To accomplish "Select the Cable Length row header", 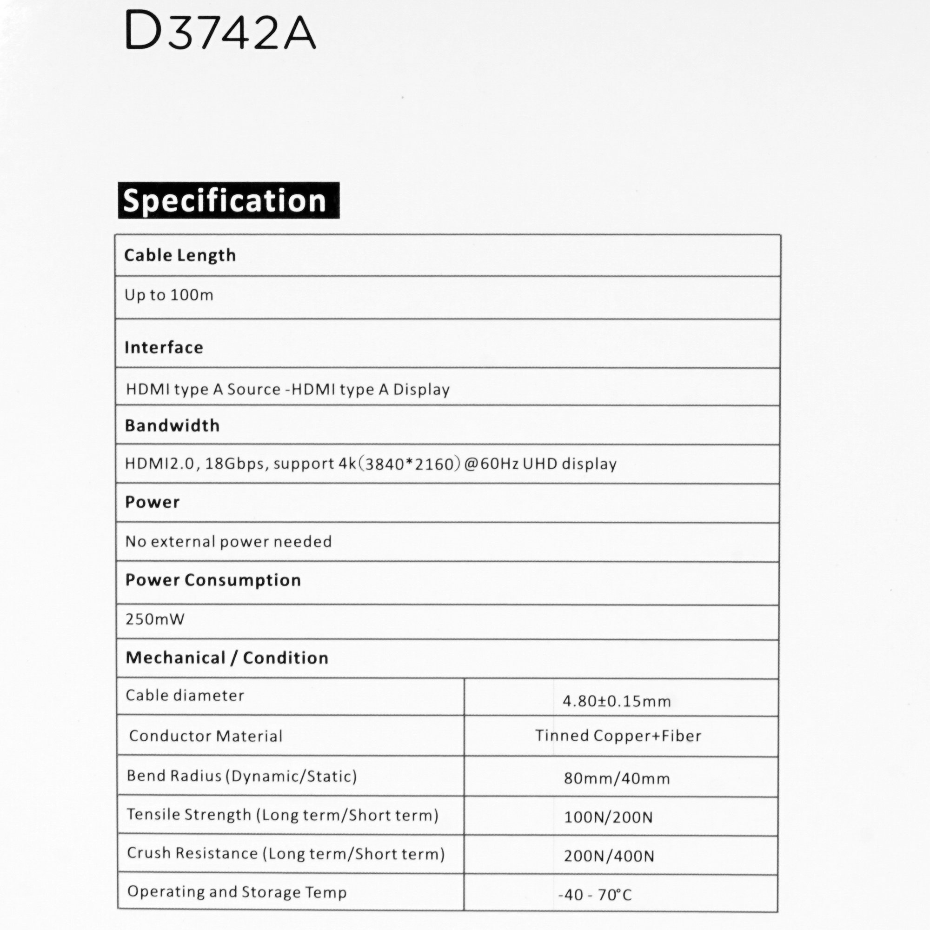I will (x=180, y=255).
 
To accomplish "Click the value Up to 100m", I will (x=168, y=295).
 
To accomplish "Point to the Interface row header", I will (x=164, y=347).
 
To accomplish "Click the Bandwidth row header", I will (x=172, y=425).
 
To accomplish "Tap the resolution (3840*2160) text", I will (x=410, y=464).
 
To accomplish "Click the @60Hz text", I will (x=492, y=464).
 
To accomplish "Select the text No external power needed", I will (x=228, y=542).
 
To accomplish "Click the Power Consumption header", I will (x=213, y=580).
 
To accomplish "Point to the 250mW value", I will (x=154, y=619).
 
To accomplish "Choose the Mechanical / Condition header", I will (x=227, y=658).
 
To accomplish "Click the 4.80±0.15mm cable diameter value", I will (x=617, y=701).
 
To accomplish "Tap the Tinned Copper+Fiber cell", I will (x=618, y=736).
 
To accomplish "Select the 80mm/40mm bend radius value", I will (x=617, y=778).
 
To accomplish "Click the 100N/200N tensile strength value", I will (x=608, y=817).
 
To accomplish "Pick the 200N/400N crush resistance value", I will (x=609, y=856).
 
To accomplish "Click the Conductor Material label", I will (x=206, y=736).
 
